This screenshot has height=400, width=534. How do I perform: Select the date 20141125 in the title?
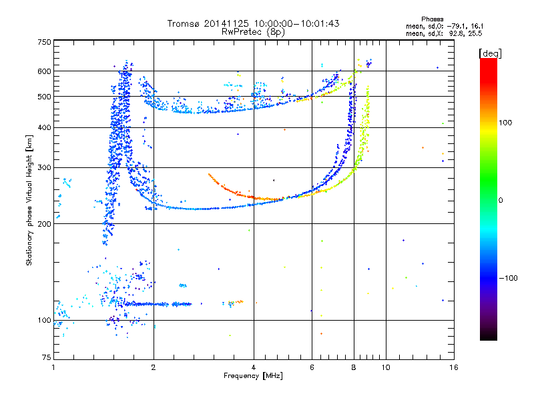pos(226,23)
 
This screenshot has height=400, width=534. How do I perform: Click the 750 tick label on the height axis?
pos(44,42)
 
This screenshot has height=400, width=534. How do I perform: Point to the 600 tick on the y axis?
pos(44,71)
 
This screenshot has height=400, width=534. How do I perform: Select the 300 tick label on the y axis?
pos(44,168)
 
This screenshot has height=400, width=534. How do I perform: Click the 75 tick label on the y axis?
pos(47,357)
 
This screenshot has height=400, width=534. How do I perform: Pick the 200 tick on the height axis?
pos(44,224)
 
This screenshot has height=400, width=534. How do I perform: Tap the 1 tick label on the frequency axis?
pos(53,367)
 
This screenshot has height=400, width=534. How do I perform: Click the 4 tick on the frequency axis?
pos(254,367)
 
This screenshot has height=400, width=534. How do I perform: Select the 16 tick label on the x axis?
pos(454,367)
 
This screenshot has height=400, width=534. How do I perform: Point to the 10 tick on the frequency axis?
pos(386,367)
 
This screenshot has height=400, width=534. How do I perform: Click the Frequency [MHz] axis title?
pos(253,376)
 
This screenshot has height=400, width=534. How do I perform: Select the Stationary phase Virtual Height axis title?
pos(29,201)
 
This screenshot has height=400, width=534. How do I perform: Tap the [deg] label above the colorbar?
pos(490,53)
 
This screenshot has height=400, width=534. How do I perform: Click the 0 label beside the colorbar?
pos(501,201)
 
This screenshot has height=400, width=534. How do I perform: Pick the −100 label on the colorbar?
pos(509,278)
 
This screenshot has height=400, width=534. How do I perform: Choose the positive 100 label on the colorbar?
pos(505,123)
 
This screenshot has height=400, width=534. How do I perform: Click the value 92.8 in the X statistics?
pos(456,34)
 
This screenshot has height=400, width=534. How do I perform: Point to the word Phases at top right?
pos(432,19)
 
